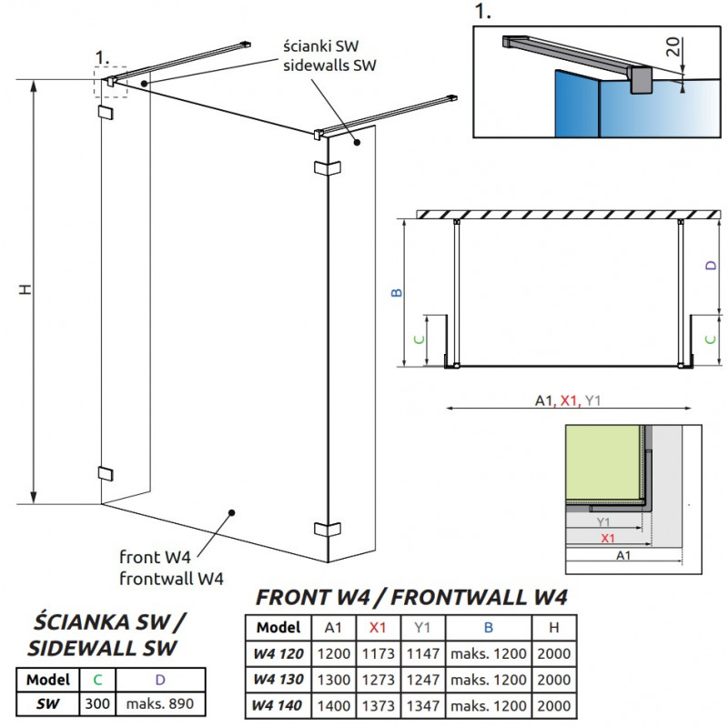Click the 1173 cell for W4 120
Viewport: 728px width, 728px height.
(x=379, y=653)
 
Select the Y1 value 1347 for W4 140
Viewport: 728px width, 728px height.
(x=423, y=706)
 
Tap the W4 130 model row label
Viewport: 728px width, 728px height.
(x=278, y=680)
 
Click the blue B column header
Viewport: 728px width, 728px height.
(x=489, y=628)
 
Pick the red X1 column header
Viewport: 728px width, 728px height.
(x=378, y=628)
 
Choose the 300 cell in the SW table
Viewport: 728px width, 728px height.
(x=97, y=703)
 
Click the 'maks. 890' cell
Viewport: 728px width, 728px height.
(x=160, y=703)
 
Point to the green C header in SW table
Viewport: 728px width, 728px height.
(x=97, y=680)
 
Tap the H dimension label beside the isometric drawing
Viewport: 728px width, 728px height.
(x=25, y=289)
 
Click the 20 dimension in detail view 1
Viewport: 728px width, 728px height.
(x=672, y=46)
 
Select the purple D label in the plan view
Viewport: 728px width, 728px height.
(x=711, y=265)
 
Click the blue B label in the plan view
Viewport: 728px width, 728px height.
(x=397, y=292)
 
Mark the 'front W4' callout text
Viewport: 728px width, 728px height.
(x=155, y=557)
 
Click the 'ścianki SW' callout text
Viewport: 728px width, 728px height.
(x=321, y=46)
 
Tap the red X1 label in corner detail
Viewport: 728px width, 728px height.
(x=608, y=538)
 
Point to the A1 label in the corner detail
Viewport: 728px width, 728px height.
(x=623, y=555)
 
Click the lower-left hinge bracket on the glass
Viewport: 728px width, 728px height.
(x=106, y=473)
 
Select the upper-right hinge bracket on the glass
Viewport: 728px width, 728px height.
(x=328, y=167)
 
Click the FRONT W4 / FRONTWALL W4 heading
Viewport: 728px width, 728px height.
(x=411, y=598)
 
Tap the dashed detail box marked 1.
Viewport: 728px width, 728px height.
(x=110, y=82)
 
